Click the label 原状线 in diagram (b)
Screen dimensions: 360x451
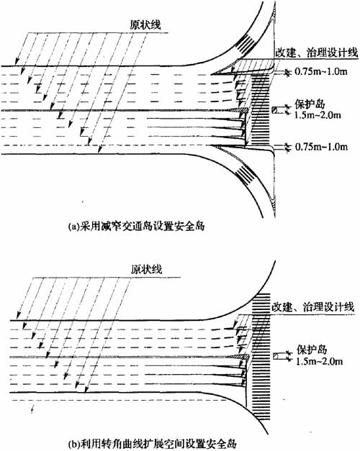pyautogui.click(x=147, y=269)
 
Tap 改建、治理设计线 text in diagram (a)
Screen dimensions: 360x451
pyautogui.click(x=317, y=53)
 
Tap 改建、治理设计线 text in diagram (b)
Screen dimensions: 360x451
pyautogui.click(x=312, y=307)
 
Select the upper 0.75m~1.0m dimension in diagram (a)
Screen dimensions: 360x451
pyautogui.click(x=321, y=72)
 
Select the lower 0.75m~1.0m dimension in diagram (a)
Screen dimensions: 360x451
pyautogui.click(x=321, y=147)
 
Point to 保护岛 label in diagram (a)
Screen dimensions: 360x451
pyautogui.click(x=310, y=104)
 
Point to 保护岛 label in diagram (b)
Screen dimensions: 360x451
pyautogui.click(x=312, y=350)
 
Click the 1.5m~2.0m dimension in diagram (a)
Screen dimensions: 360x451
pyautogui.click(x=318, y=115)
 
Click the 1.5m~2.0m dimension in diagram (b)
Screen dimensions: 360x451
pyautogui.click(x=319, y=361)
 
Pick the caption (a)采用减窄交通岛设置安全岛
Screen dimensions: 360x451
pyautogui.click(x=136, y=226)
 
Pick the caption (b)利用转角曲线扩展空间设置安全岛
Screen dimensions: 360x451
pyautogui.click(x=152, y=443)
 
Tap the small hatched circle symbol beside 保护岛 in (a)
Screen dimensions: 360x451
pyautogui.click(x=275, y=110)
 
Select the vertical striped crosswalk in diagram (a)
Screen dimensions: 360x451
pyautogui.click(x=261, y=109)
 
